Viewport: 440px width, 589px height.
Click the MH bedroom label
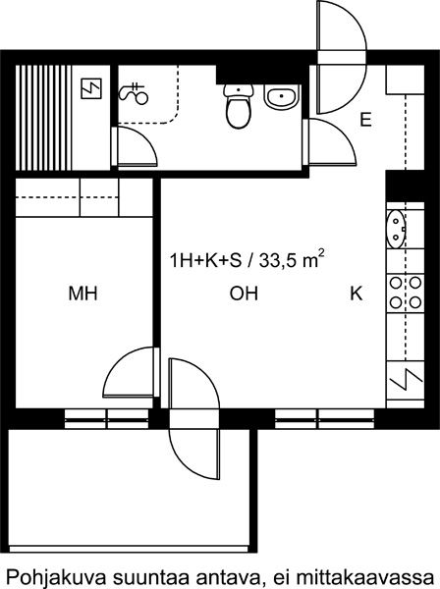82,294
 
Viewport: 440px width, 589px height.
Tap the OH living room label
245,294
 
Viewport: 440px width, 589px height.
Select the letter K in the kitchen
357,294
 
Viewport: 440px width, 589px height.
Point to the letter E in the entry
365,120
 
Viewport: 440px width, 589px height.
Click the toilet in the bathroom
239,106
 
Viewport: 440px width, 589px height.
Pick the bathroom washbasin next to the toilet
282,97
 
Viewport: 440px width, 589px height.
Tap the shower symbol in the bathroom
134,93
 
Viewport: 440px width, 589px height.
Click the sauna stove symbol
91,88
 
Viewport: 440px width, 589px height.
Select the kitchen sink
396,229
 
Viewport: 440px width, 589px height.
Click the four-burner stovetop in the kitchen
405,293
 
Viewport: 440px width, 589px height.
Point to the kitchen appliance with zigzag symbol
406,380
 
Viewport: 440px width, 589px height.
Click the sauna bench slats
43,118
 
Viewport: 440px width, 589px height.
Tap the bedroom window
107,418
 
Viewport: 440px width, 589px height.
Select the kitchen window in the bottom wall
325,418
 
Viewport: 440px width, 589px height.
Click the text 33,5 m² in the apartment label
292,260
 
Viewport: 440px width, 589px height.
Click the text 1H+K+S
206,260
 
